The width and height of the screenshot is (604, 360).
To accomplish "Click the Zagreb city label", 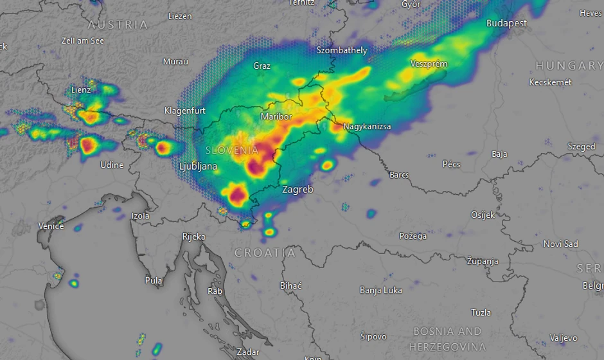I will click(x=298, y=190).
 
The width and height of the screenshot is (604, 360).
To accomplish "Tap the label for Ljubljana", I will click(x=198, y=167).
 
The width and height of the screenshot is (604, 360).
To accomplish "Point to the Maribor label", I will click(x=276, y=117).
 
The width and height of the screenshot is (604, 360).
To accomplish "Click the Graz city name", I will click(x=262, y=66).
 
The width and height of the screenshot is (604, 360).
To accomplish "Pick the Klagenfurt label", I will click(x=184, y=111).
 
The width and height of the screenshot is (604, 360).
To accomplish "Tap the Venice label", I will click(x=51, y=226).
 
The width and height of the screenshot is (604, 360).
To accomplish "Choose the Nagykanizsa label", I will click(x=366, y=127).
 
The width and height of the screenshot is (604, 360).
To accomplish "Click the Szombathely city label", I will click(x=342, y=50).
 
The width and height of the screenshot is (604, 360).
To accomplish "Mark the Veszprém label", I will click(x=429, y=64).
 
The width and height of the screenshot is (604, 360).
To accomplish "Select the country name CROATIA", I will click(x=265, y=253).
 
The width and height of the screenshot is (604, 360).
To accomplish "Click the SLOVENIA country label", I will click(x=232, y=150).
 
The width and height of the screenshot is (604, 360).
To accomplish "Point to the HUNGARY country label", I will click(x=569, y=66).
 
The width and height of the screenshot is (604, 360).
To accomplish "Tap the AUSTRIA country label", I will click(x=118, y=24).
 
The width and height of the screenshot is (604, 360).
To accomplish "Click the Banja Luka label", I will click(x=380, y=290).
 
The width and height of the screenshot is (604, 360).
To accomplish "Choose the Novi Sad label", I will click(x=560, y=244).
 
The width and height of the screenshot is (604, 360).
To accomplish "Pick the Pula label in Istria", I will click(x=154, y=280).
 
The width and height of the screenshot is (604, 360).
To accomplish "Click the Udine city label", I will click(x=112, y=165).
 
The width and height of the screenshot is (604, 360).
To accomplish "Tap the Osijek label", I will click(x=483, y=215).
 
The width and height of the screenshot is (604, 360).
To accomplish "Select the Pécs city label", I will click(x=451, y=165).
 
